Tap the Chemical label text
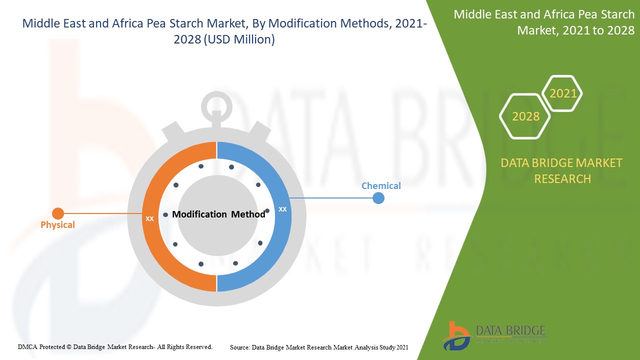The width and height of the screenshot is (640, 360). point(381,186)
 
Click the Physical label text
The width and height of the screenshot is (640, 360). point(57,225)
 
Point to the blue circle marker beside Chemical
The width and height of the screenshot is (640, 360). point(378,198)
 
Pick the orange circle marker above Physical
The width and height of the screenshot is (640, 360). point(58,213)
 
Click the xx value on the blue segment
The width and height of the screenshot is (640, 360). point(282,209)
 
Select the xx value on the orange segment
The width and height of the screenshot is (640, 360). point(149,218)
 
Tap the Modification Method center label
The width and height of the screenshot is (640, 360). point(218,214)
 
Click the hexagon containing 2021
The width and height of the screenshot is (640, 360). point(562,93)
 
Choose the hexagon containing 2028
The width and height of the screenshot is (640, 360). point(525,116)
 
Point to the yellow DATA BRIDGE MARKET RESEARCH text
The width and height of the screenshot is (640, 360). point(562,170)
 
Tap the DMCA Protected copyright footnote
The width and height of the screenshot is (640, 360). point(115,346)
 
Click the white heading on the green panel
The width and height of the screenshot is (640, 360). point(544,22)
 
